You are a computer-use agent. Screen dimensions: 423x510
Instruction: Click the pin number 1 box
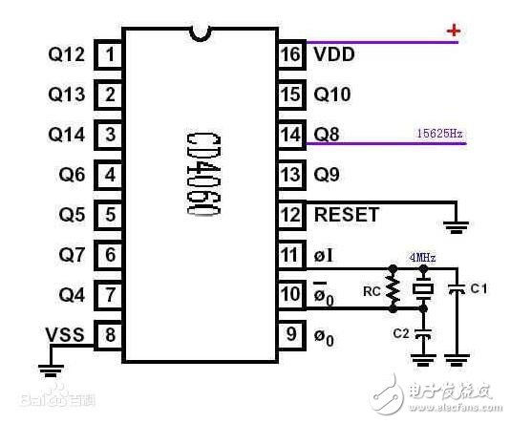tap(111, 54)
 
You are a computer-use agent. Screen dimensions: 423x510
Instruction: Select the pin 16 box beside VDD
tap(290, 54)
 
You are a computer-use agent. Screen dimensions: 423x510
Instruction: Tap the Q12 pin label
tap(66, 54)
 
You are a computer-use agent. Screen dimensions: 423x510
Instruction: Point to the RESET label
tap(346, 215)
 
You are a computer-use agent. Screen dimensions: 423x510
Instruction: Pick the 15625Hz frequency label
tap(439, 134)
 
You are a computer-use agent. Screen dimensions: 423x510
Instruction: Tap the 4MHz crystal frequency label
tap(423, 257)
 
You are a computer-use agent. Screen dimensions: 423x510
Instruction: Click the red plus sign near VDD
tap(454, 32)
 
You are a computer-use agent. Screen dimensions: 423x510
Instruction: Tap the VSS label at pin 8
tap(65, 335)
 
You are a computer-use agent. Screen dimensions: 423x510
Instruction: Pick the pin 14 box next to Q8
tap(290, 135)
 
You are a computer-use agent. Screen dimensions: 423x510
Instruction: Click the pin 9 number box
tap(290, 335)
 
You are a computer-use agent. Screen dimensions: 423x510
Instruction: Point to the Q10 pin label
tap(332, 95)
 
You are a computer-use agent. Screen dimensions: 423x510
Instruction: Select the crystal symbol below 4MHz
tap(423, 289)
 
